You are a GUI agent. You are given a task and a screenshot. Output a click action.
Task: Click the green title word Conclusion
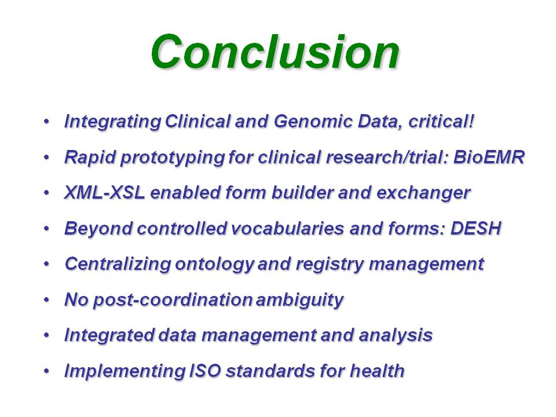(275, 52)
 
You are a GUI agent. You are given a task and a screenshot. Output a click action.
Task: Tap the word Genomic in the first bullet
(313, 122)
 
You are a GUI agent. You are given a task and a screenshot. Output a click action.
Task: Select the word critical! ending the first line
(441, 121)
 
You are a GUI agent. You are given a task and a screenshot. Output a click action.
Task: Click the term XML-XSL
(105, 192)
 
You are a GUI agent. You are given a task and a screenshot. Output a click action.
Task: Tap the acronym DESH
(475, 228)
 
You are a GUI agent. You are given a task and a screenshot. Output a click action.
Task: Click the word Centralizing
(118, 264)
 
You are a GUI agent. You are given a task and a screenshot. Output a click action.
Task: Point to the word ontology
(214, 265)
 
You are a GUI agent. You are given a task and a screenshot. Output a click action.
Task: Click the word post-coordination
(173, 300)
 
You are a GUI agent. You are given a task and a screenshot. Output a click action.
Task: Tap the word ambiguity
(299, 300)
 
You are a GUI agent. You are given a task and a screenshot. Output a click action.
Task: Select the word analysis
(396, 335)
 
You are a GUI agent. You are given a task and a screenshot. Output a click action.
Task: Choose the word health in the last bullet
(377, 371)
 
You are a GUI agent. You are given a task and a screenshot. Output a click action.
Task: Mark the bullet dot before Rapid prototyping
(46, 157)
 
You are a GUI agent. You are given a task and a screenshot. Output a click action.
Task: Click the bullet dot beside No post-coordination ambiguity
(46, 299)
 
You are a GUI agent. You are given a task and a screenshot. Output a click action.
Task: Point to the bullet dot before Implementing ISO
(46, 371)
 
